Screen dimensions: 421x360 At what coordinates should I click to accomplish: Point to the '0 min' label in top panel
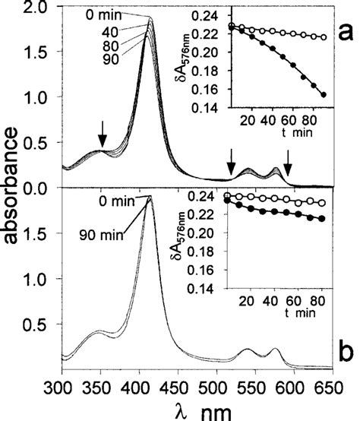click(104, 14)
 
